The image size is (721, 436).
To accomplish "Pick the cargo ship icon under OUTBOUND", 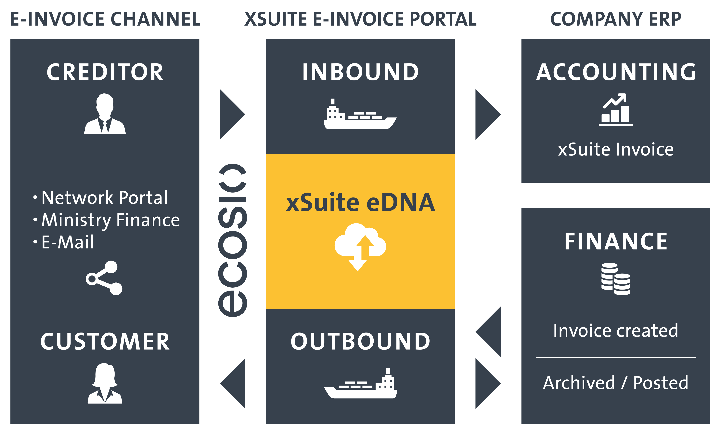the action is point(360,383).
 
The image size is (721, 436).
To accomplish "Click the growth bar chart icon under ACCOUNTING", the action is point(616,110).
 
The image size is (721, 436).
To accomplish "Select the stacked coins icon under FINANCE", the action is point(616,279).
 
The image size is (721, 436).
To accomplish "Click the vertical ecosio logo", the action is point(233,240).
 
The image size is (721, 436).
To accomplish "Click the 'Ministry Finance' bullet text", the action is point(111,220).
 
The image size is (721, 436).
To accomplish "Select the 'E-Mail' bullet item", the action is point(68,242).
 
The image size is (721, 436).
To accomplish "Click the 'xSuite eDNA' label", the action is point(360,202).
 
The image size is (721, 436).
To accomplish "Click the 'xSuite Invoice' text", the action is point(616,149).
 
